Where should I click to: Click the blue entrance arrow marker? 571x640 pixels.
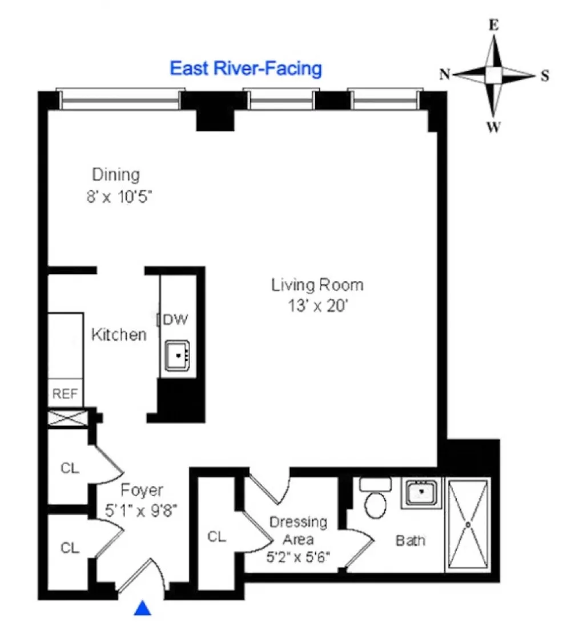pyautogui.click(x=142, y=608)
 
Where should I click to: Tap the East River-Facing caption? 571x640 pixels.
pyautogui.click(x=246, y=68)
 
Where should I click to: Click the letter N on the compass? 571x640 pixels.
pyautogui.click(x=444, y=74)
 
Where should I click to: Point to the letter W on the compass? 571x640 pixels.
pyautogui.click(x=493, y=127)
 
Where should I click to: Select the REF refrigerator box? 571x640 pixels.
pyautogui.click(x=65, y=393)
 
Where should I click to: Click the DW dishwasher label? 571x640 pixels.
pyautogui.click(x=175, y=319)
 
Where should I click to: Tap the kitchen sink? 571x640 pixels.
pyautogui.click(x=178, y=356)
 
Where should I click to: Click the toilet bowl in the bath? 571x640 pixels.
pyautogui.click(x=376, y=505)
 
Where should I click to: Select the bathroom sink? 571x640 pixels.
pyautogui.click(x=421, y=492)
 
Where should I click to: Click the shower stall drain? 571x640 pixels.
pyautogui.click(x=468, y=525)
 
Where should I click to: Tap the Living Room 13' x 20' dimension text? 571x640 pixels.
pyautogui.click(x=317, y=305)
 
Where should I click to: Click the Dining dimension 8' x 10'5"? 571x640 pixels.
pyautogui.click(x=119, y=197)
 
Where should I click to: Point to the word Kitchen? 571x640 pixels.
pyautogui.click(x=119, y=335)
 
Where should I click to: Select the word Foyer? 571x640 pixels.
pyautogui.click(x=142, y=490)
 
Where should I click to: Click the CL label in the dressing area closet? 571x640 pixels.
pyautogui.click(x=217, y=536)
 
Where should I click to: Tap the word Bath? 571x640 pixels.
pyautogui.click(x=410, y=541)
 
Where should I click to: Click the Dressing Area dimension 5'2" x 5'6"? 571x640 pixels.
pyautogui.click(x=298, y=557)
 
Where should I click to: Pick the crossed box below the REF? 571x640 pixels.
pyautogui.click(x=67, y=418)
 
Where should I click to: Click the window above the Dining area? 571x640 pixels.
pyautogui.click(x=121, y=99)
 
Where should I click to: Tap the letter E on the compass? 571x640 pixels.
pyautogui.click(x=494, y=25)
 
